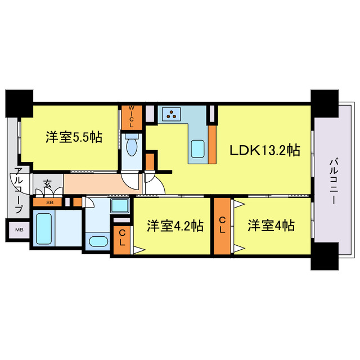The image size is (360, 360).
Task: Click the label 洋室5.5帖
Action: [74, 137]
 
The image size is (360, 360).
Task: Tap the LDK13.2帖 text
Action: [263, 150]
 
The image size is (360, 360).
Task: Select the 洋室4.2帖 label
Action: [175, 226]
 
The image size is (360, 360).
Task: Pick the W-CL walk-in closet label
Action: [132, 116]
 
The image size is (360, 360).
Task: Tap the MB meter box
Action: [19, 229]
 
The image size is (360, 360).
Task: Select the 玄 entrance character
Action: [48, 183]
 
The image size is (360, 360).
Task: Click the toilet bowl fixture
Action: [132, 147]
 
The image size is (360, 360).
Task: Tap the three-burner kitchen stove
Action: [171, 115]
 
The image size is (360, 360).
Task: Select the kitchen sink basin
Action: [198, 150]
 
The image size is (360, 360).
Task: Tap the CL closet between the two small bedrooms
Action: [223, 225]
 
